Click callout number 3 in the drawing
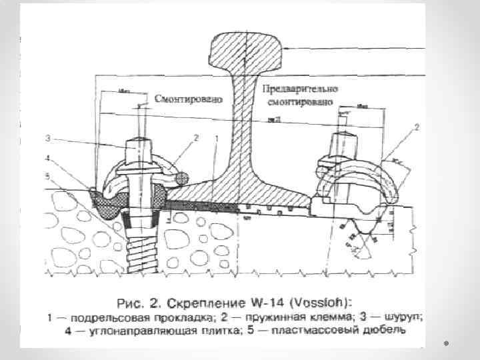[x=48, y=139]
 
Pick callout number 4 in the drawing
[x=48, y=158]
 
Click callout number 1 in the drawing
[x=217, y=138]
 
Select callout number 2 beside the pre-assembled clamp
[x=417, y=127]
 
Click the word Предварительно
[x=300, y=89]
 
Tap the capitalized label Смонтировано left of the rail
[x=183, y=98]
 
